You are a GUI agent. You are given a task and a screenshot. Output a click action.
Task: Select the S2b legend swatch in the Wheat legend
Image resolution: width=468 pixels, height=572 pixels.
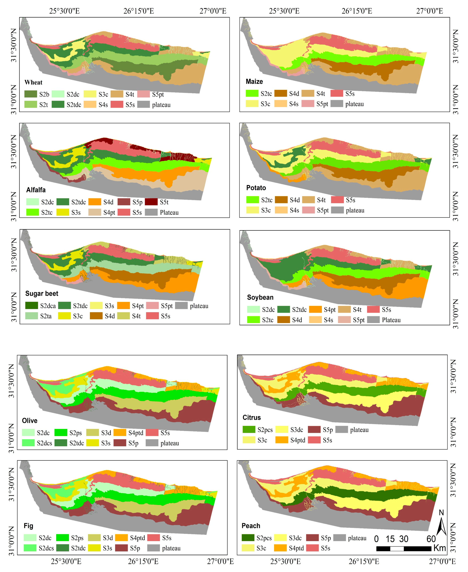point(31,94)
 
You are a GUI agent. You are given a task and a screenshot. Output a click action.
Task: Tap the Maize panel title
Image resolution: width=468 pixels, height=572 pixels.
point(254,81)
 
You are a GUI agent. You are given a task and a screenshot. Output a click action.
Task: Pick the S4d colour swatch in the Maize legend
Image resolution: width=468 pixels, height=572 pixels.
point(280,93)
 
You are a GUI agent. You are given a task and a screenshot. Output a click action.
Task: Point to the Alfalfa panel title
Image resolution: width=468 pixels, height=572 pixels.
point(36,190)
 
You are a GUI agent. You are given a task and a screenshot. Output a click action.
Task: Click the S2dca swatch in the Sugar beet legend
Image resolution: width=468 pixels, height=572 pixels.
point(32,305)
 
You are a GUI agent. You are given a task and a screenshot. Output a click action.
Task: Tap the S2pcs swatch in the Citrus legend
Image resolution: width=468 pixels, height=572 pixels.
point(249,429)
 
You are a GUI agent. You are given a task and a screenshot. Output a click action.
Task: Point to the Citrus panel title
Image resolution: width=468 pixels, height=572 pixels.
point(252,418)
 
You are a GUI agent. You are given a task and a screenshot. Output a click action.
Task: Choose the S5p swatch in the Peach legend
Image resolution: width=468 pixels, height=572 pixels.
point(312,537)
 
